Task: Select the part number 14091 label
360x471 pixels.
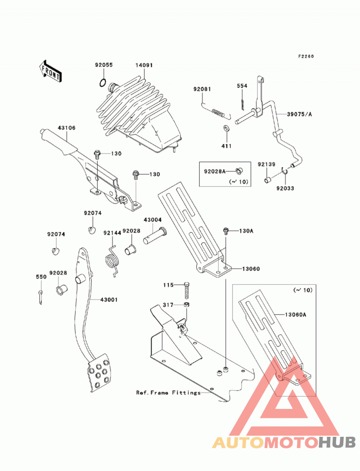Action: point(144,65)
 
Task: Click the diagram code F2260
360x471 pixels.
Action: point(306,56)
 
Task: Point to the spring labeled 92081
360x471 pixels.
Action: point(216,111)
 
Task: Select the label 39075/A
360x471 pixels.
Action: point(299,114)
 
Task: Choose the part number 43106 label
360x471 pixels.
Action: point(67,128)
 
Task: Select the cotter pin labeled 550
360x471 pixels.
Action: point(40,297)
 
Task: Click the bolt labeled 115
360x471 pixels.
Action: point(186,290)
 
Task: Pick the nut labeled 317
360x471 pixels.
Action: point(186,305)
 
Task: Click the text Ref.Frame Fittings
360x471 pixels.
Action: point(168,393)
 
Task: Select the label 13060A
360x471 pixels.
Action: point(295,315)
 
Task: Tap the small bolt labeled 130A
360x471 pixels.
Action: point(226,231)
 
